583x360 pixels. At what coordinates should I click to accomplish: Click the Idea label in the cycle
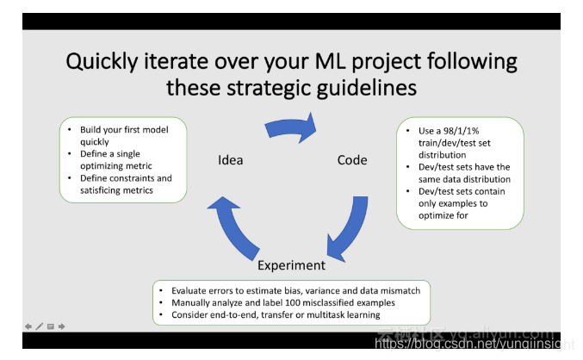click(230, 159)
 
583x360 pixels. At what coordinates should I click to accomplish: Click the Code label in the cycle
click(352, 159)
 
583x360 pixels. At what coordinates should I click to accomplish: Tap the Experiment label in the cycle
click(291, 265)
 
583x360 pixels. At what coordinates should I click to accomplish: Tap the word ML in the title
click(350, 62)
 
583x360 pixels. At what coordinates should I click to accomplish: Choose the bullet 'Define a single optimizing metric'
click(121, 159)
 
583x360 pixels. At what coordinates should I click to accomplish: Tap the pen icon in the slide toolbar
click(39, 326)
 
